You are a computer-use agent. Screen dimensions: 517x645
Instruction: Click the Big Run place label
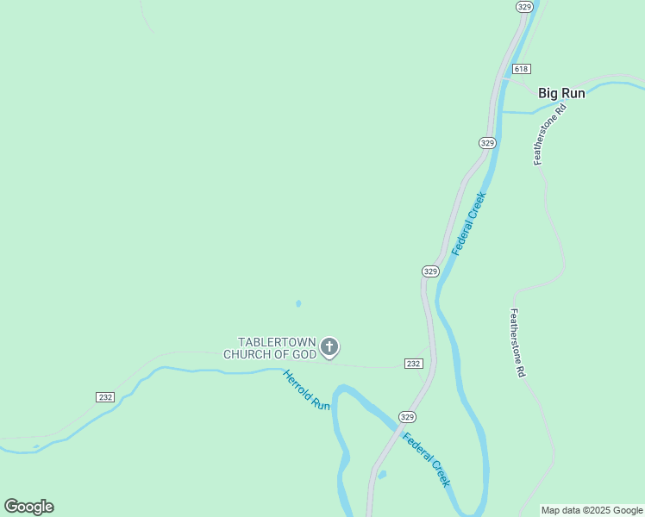561,93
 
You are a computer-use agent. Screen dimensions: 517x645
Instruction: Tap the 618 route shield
520,69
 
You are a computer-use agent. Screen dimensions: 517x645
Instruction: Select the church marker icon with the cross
329,347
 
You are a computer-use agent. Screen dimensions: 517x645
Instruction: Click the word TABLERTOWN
277,342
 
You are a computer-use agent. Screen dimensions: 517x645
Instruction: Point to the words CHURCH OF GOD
269,354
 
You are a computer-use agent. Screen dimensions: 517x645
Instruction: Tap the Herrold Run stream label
306,390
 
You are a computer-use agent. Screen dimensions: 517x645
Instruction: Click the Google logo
28,507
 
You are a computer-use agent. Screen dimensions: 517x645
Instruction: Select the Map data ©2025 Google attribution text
592,510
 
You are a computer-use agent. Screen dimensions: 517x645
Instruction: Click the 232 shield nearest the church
413,364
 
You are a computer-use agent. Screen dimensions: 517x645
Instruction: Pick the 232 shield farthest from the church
105,396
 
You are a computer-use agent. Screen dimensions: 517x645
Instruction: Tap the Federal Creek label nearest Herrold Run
426,458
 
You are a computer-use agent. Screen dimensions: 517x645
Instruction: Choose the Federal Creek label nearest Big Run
470,222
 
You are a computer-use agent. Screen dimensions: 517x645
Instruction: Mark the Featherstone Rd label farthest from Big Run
517,344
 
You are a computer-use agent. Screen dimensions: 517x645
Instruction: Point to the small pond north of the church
298,303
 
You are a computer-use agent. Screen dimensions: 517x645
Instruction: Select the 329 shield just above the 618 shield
524,7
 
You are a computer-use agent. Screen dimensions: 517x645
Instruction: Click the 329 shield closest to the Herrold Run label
408,416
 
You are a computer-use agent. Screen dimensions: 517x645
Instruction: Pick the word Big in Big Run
548,93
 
